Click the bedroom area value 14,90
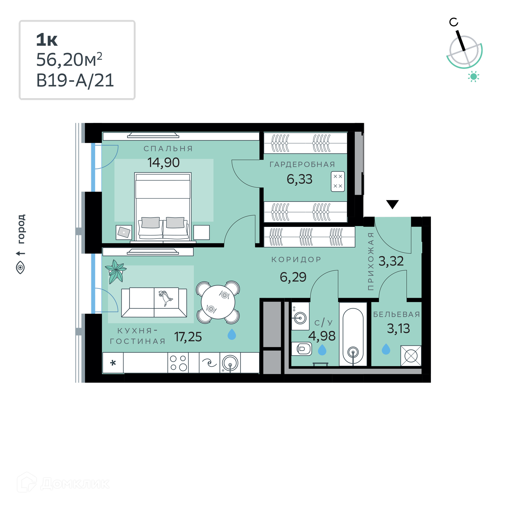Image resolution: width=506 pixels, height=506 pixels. tap(163, 163)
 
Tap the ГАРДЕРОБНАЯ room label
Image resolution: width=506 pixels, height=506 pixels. tap(302, 164)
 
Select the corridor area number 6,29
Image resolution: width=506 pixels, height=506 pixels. tap(293, 277)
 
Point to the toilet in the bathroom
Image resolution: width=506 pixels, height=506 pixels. tap(301, 349)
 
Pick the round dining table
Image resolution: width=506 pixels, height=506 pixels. tap(218, 302)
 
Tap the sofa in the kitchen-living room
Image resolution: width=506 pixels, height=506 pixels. tap(154, 302)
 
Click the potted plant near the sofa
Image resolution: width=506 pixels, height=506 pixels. tap(115, 271)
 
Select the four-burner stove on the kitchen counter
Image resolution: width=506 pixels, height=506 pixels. tap(178, 363)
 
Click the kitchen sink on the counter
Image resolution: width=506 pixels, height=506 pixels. tap(230, 363)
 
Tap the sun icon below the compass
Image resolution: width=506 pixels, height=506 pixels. tap(474, 77)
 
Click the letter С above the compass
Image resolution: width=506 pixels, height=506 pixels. tap(454, 22)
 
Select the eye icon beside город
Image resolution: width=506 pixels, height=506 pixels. tap(20, 267)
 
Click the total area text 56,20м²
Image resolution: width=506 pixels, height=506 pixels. tap(69, 60)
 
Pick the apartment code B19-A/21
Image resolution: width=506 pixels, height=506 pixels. tap(75, 80)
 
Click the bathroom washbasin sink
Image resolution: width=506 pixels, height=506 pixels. tap(300, 318)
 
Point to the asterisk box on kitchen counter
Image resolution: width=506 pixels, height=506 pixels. tap(113, 363)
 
